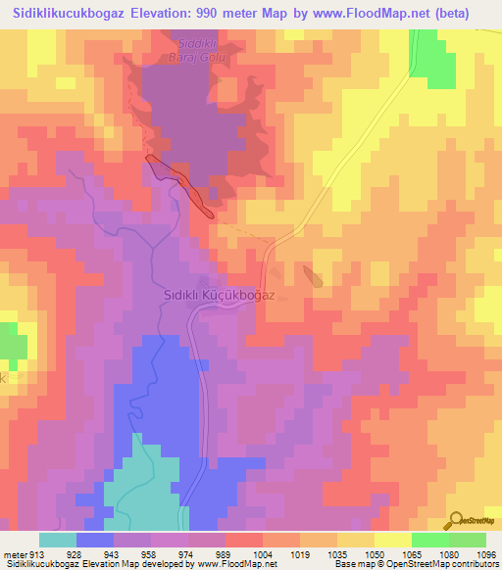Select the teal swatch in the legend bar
click(x=58, y=540)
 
